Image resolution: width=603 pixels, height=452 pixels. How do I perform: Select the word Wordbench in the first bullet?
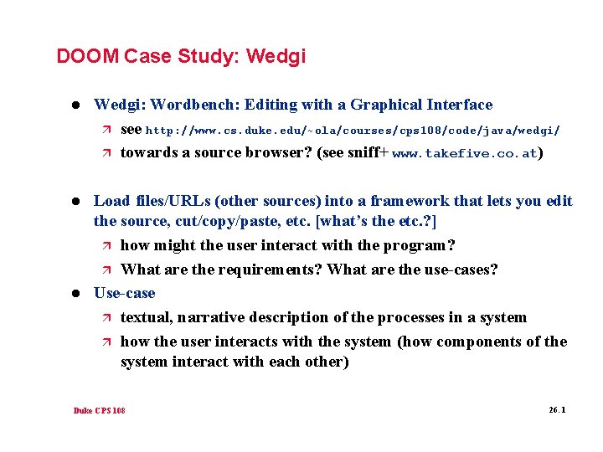(x=193, y=105)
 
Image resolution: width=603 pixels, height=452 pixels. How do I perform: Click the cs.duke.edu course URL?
(x=353, y=131)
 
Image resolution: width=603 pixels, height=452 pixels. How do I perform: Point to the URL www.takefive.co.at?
(x=465, y=154)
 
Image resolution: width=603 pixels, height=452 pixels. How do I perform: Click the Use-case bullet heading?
(x=125, y=293)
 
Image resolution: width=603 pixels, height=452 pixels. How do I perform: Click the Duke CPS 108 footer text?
(x=99, y=411)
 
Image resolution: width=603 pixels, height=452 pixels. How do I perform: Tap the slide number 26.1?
(x=557, y=410)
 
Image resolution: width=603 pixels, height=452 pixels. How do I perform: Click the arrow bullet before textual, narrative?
(x=105, y=318)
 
